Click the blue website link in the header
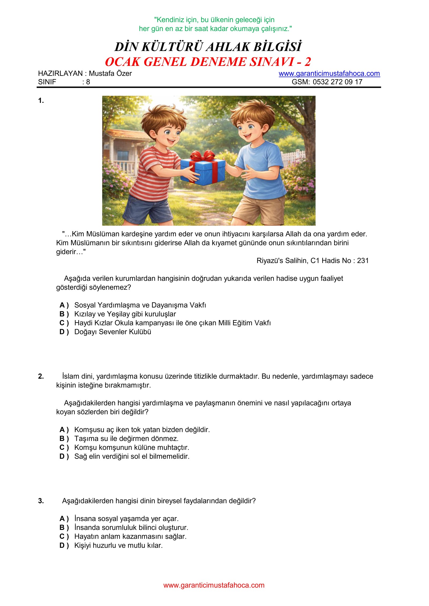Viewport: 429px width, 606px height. click(x=329, y=73)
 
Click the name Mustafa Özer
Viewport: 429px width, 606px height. click(x=110, y=73)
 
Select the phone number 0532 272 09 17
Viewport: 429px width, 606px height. click(x=337, y=82)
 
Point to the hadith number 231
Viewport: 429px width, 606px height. click(x=363, y=261)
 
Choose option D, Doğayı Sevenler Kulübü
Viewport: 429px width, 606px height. click(x=113, y=332)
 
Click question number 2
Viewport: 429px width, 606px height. click(x=41, y=376)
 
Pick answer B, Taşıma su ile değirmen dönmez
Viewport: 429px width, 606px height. click(x=126, y=439)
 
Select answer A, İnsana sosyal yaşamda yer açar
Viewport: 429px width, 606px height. click(x=126, y=519)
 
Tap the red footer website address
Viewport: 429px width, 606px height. click(x=214, y=585)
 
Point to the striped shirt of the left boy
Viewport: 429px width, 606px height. click(x=156, y=171)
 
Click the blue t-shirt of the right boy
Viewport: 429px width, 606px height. click(x=261, y=171)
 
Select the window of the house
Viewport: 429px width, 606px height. click(x=123, y=156)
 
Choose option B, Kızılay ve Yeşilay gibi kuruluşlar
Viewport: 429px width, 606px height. click(x=125, y=314)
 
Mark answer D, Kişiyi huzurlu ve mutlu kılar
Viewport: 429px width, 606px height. click(x=118, y=545)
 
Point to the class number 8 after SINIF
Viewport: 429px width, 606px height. click(x=88, y=82)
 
